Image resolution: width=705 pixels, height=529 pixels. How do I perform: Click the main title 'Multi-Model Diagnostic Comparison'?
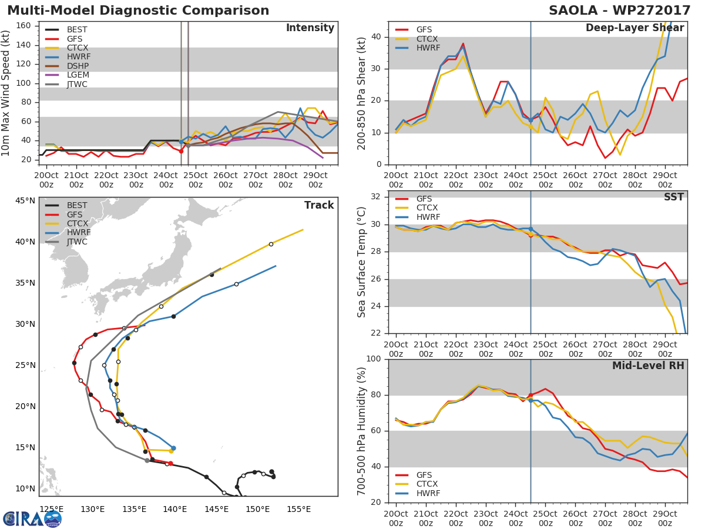click(x=138, y=11)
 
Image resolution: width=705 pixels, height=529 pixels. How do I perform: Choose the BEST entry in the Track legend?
click(x=77, y=206)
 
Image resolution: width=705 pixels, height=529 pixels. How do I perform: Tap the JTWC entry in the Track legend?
click(x=77, y=242)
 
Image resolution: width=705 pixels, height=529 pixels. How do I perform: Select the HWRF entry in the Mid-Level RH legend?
click(x=428, y=493)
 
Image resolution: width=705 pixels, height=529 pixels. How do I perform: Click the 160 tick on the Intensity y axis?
click(x=24, y=26)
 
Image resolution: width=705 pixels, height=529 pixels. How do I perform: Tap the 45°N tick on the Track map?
click(x=25, y=201)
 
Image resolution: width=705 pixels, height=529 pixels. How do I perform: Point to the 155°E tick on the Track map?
click(x=299, y=509)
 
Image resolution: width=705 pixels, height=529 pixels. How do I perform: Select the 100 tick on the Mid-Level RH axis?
click(x=374, y=359)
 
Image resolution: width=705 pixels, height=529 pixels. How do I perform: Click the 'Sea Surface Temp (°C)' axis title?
click(x=362, y=262)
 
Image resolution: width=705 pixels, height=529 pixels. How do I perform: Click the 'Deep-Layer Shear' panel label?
click(x=634, y=28)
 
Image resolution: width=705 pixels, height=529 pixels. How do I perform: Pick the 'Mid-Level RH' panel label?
click(x=648, y=366)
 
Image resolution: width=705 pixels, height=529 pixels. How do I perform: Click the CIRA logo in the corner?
click(x=32, y=518)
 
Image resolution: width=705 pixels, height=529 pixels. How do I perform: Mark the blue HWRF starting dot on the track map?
click(x=173, y=448)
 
